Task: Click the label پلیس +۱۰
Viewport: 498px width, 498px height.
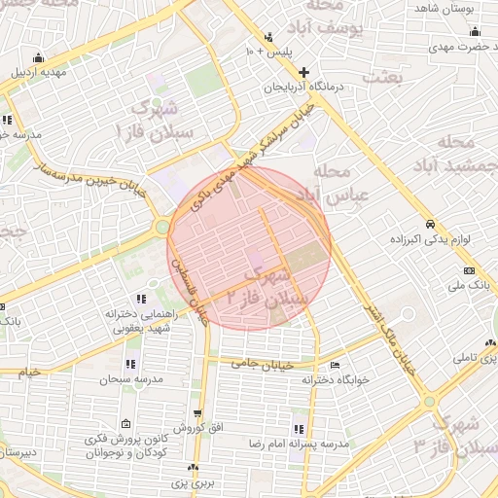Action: (x=267, y=51)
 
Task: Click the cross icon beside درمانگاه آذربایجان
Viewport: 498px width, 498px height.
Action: (x=304, y=72)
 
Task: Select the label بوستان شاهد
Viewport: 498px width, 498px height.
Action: (x=443, y=8)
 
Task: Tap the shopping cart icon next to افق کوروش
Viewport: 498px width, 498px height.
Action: (x=198, y=414)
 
